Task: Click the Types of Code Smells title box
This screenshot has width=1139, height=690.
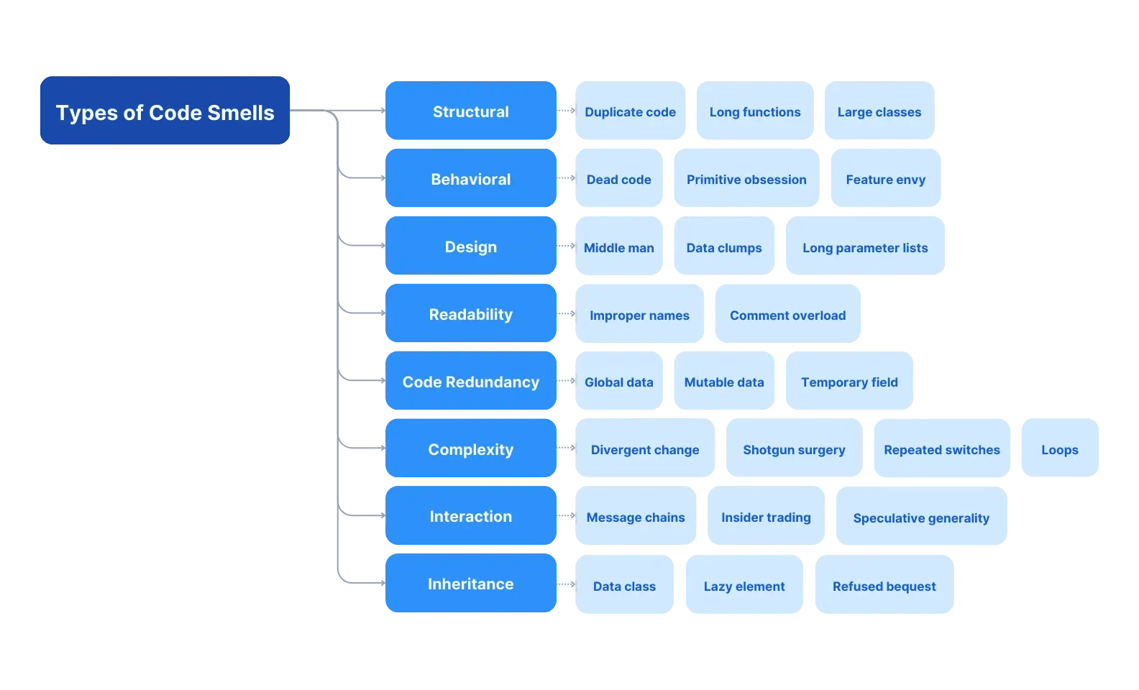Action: (165, 111)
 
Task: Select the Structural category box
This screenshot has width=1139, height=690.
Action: (470, 111)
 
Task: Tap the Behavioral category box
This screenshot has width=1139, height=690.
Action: (470, 178)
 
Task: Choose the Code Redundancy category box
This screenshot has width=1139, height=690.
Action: (470, 381)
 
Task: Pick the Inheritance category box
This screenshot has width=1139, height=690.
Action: (470, 583)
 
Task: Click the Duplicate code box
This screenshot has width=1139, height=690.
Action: (630, 111)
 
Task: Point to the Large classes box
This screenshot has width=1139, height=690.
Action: (879, 111)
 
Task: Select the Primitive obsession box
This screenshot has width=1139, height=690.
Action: (746, 178)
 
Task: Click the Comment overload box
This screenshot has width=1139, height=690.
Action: (787, 314)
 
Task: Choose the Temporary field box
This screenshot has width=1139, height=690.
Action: (848, 381)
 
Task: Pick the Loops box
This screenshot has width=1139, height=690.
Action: (1059, 448)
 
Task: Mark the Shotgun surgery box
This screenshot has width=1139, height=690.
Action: (793, 448)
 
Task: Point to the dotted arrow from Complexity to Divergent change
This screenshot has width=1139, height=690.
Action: (566, 448)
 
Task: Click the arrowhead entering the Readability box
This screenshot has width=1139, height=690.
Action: (382, 313)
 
